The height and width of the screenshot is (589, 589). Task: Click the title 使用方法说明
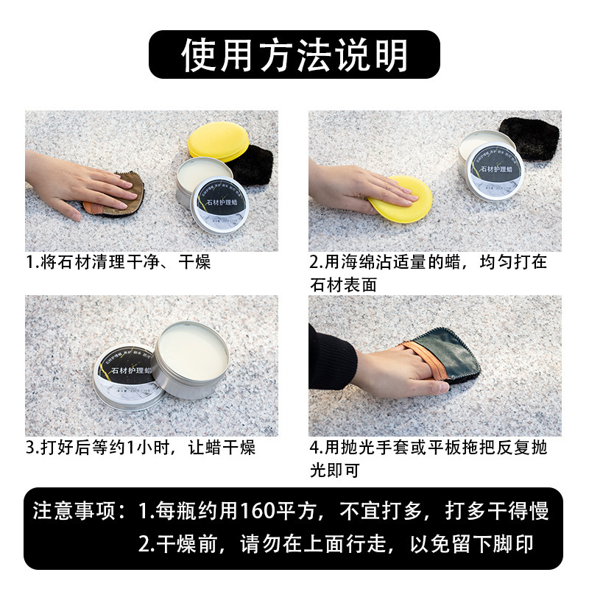click(x=294, y=55)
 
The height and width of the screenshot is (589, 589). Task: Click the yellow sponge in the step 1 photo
click(x=220, y=140)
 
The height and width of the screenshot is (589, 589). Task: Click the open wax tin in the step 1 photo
click(x=202, y=177)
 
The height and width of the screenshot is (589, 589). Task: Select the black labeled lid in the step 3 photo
click(x=127, y=376)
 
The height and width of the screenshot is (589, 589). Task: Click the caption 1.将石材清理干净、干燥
click(x=119, y=262)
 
